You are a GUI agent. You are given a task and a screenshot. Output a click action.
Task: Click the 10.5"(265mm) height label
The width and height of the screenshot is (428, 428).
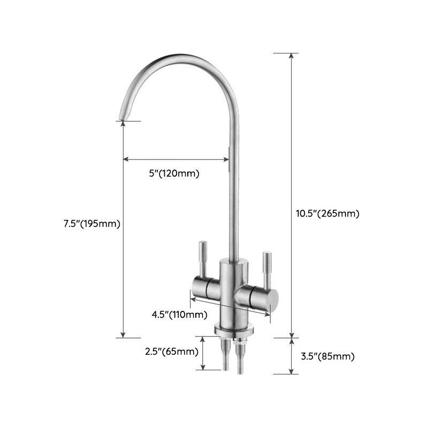pos(327,213)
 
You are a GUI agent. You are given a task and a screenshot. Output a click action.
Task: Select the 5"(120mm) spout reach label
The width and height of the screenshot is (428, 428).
pos(174,173)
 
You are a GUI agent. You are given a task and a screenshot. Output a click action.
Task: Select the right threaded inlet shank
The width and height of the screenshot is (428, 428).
pos(239,357)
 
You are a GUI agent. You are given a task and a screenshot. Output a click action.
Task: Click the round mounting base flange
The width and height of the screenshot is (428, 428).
pos(233,330)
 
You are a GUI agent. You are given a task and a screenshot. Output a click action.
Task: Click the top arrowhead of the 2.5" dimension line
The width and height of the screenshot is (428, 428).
pos(203,339)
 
